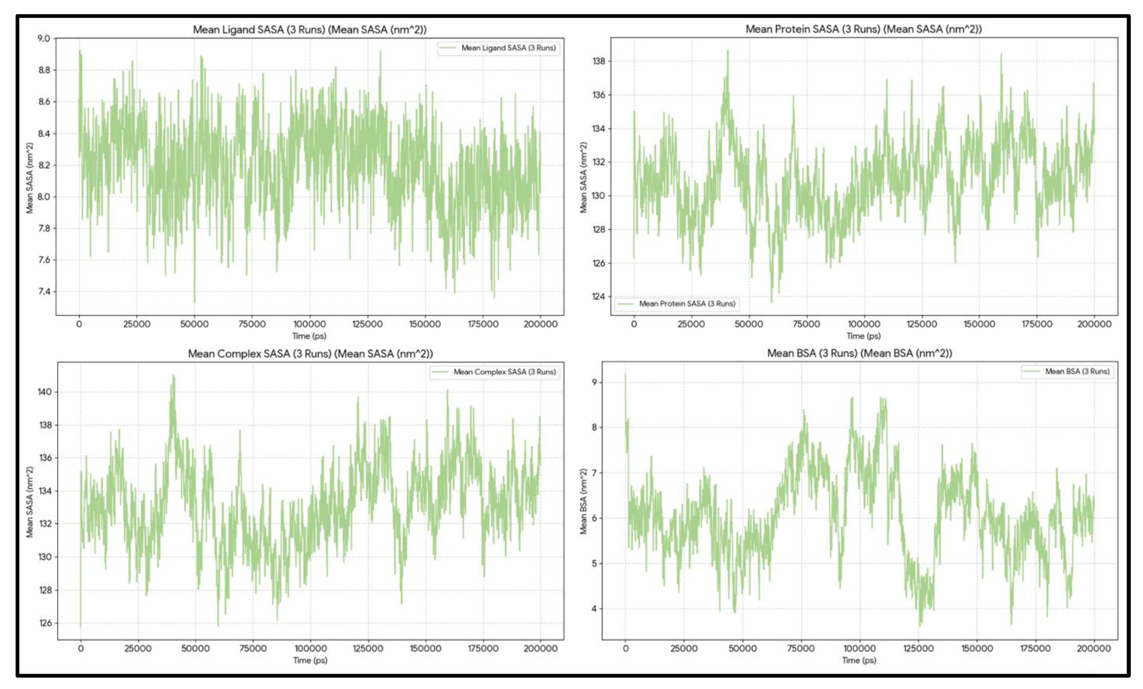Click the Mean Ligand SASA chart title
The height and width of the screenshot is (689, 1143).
309,30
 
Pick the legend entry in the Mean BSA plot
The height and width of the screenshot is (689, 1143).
1077,371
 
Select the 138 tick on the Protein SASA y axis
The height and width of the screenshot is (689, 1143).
598,61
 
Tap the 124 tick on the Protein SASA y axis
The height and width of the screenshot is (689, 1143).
598,296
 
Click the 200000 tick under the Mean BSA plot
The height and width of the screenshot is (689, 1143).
1093,649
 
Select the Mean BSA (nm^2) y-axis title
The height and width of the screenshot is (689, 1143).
584,501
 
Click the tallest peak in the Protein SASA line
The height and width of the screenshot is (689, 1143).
728,51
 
